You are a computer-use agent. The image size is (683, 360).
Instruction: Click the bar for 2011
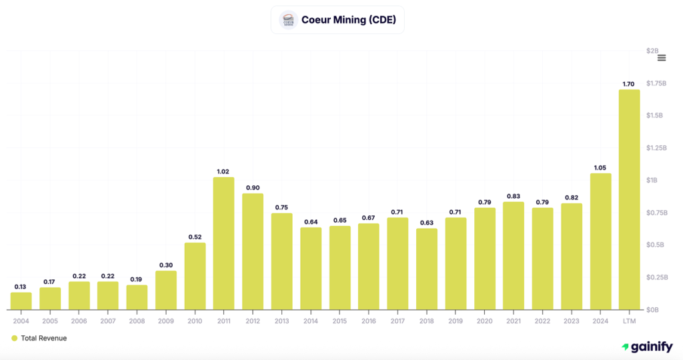(223, 243)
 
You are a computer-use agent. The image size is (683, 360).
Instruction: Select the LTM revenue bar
(629, 200)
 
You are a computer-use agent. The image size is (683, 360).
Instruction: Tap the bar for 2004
(21, 301)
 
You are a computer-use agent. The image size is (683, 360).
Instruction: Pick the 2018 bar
(426, 269)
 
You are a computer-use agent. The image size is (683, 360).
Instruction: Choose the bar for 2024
(600, 241)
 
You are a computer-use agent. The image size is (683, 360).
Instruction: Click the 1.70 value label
(629, 84)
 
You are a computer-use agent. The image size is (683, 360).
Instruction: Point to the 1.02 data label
(223, 171)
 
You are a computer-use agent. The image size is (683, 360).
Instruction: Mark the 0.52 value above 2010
(195, 237)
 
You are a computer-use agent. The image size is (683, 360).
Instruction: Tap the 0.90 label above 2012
(253, 188)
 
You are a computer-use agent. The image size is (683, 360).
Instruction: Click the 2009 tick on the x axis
(165, 321)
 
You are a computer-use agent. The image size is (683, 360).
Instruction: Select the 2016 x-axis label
(368, 321)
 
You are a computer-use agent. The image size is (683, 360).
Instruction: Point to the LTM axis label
(629, 321)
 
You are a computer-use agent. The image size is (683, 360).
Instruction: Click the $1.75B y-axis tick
(656, 83)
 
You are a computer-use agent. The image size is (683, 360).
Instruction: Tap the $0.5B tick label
(656, 245)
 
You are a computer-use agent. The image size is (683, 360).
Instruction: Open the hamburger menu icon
(662, 58)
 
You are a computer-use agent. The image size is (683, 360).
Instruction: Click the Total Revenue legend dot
(14, 338)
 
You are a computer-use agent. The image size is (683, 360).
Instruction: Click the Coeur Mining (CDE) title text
(348, 20)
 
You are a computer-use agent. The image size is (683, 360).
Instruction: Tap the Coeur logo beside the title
(288, 20)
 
